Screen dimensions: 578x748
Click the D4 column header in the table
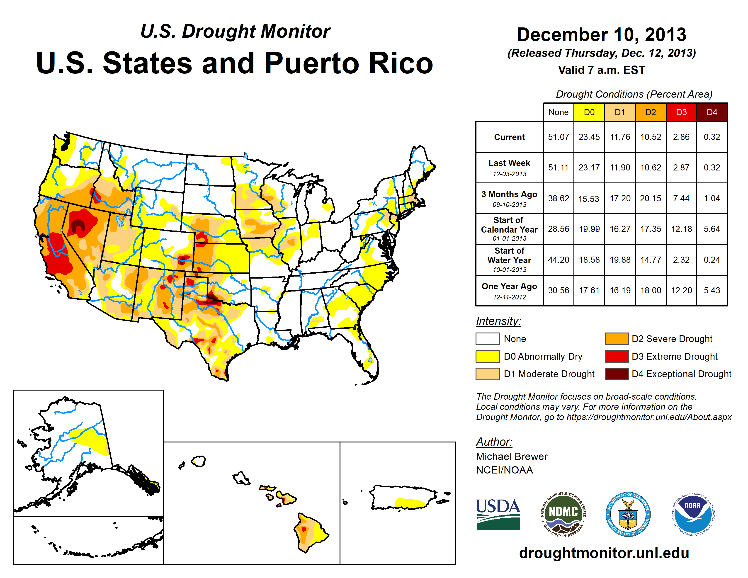pos(712,112)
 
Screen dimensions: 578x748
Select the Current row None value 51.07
pos(558,137)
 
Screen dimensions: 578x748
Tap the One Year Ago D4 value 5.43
pos(712,290)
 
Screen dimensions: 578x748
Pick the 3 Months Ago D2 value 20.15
pos(650,198)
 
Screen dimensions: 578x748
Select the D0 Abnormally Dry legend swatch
pos(487,357)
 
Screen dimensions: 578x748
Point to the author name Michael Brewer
pos(512,457)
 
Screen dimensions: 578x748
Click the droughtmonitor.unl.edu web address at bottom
pos(604,553)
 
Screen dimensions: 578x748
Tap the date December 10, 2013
pos(601,35)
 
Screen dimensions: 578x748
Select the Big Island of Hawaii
pos(309,532)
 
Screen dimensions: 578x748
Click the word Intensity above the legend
pos(498,321)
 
